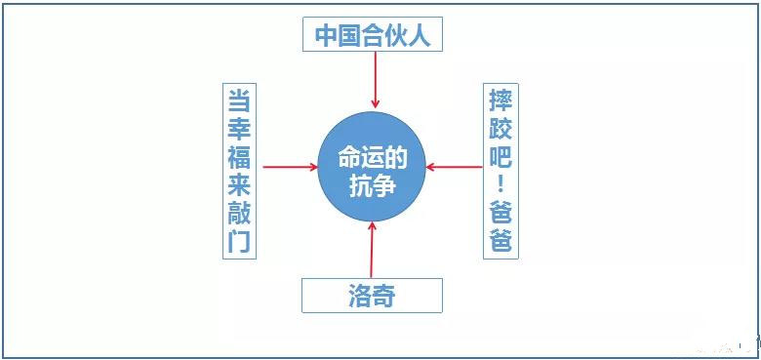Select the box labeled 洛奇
pyautogui.click(x=372, y=296)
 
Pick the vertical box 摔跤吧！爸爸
pyautogui.click(x=501, y=170)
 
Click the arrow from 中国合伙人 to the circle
pyautogui.click(x=374, y=80)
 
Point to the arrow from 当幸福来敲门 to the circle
pyautogui.click(x=291, y=167)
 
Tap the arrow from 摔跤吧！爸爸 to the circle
pyautogui.click(x=455, y=167)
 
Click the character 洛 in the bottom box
pyautogui.click(x=360, y=296)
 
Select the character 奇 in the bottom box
pyautogui.click(x=384, y=296)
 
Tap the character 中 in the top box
pyautogui.click(x=326, y=36)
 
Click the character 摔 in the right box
pyautogui.click(x=501, y=99)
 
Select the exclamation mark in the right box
pyautogui.click(x=501, y=182)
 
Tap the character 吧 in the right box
pyautogui.click(x=501, y=155)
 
